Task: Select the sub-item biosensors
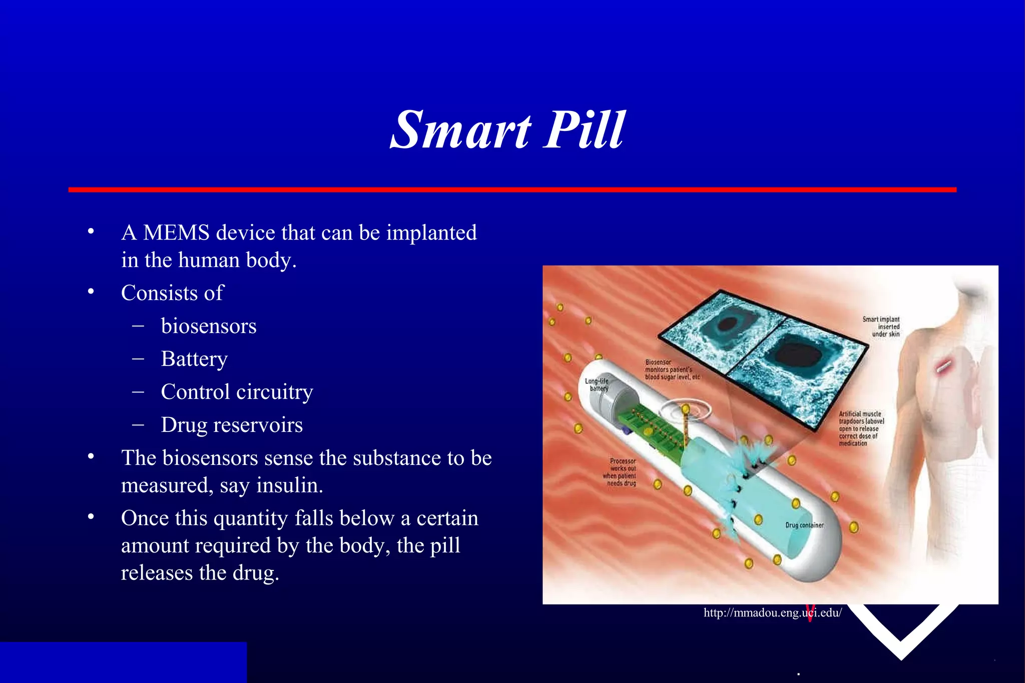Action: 209,326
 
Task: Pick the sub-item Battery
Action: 194,359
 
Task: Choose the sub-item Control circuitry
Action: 237,392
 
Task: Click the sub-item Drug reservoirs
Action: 232,425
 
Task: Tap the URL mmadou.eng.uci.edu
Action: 772,612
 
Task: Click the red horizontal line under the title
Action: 512,190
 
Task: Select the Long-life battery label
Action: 597,384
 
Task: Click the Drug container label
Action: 804,525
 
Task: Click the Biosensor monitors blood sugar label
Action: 672,369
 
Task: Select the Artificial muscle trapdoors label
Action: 861,428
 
